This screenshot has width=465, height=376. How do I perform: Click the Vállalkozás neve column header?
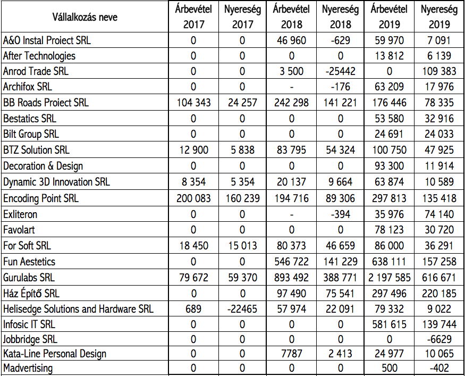point(85,17)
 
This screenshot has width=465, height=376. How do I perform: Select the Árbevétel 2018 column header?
point(291,16)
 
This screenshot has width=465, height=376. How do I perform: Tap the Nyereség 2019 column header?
point(439,16)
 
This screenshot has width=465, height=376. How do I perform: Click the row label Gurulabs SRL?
point(29,278)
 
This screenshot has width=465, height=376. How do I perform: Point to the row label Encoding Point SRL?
point(41,198)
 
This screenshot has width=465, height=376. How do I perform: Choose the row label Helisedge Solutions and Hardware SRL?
point(78,309)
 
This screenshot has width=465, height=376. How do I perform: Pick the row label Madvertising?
point(28,368)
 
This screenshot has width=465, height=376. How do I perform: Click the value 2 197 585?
point(390,278)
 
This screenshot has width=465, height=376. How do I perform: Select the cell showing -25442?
point(340,71)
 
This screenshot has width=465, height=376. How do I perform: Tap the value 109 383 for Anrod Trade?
point(439,71)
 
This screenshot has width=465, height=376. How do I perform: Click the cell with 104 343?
point(193,103)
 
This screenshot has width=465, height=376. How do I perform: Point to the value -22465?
point(242,309)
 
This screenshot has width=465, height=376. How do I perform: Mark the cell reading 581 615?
point(390,324)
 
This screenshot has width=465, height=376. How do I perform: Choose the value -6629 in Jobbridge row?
point(439,339)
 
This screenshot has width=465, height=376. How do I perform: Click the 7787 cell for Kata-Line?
point(291,354)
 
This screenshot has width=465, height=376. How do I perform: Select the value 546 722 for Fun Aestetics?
point(291,262)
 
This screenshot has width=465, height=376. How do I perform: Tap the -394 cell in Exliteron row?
point(340,214)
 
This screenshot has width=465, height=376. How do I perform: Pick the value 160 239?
point(242,198)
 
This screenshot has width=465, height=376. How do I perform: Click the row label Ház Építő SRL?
point(31,293)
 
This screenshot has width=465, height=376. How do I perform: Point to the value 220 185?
point(439,294)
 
